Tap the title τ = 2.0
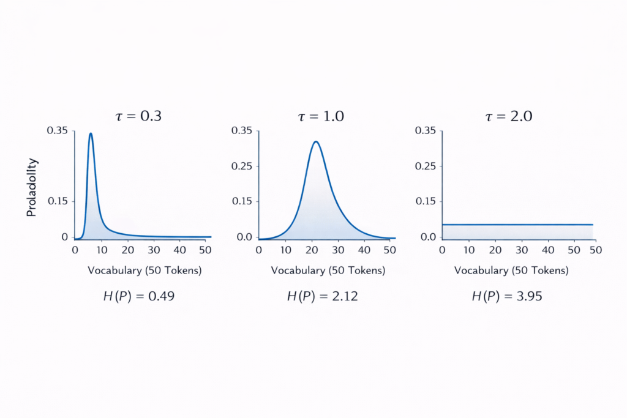[508, 116]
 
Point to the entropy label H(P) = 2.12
[323, 297]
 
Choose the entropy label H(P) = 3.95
[507, 297]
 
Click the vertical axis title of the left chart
[32, 187]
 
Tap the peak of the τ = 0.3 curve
[91, 133]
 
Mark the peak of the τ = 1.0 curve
[316, 142]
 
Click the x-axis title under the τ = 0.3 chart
[145, 271]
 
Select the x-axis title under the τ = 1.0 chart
[328, 271]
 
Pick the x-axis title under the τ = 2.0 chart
[511, 271]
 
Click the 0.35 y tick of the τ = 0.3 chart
[58, 130]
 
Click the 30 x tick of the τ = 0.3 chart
[154, 250]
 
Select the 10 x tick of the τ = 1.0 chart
[285, 250]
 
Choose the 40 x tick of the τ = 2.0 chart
[547, 250]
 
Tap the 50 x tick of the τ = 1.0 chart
[389, 250]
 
